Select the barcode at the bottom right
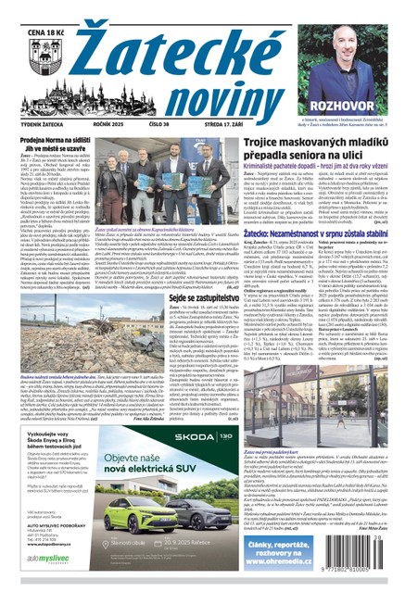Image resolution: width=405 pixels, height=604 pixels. point(361,576)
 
